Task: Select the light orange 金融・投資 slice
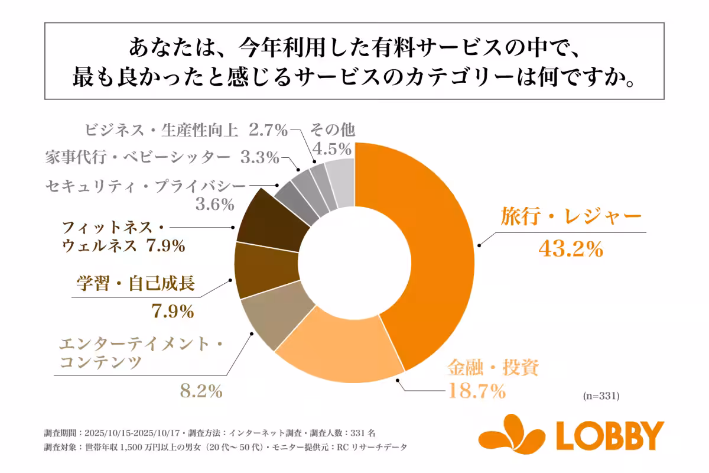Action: tap(337, 349)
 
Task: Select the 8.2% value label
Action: tap(200, 391)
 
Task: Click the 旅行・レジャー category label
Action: tap(571, 217)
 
